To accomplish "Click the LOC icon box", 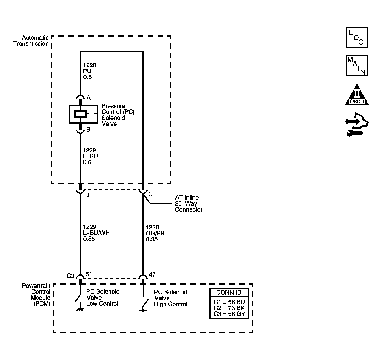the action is (357, 37).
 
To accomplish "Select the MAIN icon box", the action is (357, 66).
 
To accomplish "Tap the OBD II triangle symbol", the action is (357, 95).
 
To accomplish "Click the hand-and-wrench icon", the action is (357, 124).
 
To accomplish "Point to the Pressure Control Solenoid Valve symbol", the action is (83, 114).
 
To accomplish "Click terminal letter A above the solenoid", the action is (88, 98).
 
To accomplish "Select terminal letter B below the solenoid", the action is (88, 130).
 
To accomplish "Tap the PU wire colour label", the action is (87, 71).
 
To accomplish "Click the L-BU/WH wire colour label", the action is (96, 233).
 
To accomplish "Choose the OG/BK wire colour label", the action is (155, 233).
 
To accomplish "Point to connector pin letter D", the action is (87, 195).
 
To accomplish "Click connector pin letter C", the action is (151, 194).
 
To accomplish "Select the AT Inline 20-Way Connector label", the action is (189, 203).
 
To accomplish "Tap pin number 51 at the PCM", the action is (89, 274).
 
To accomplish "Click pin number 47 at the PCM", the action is (152, 274).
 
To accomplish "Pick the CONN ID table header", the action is (229, 292).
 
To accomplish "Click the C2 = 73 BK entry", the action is (229, 308).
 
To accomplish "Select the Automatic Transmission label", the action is (31, 41).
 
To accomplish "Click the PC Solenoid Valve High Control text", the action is (170, 298).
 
